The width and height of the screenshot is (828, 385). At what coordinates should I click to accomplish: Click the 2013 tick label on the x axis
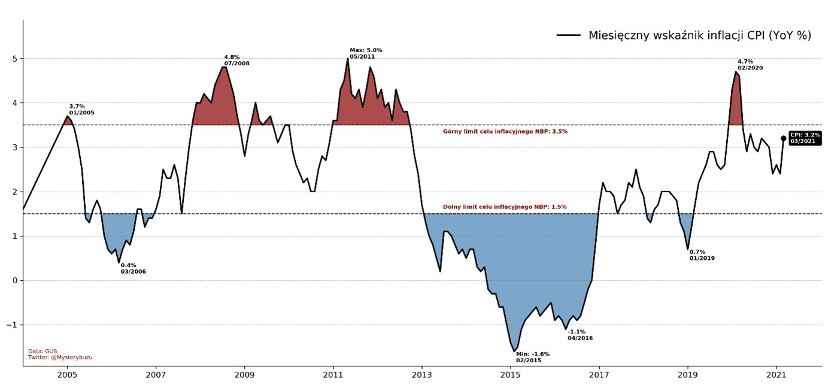pyautogui.click(x=422, y=375)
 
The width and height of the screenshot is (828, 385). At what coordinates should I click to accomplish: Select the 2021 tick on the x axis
pyautogui.click(x=777, y=375)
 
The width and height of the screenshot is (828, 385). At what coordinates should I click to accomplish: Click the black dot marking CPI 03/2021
pyautogui.click(x=783, y=138)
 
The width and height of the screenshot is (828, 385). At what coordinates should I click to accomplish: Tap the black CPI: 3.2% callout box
pyautogui.click(x=805, y=138)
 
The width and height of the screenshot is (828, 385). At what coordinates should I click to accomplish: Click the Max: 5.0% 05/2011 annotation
pyautogui.click(x=366, y=53)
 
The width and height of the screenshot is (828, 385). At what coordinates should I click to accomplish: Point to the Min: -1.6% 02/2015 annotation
pyautogui.click(x=532, y=357)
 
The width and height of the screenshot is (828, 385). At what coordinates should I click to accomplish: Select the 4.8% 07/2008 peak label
pyautogui.click(x=236, y=60)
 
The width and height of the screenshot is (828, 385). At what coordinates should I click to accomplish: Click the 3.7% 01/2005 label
pyautogui.click(x=81, y=110)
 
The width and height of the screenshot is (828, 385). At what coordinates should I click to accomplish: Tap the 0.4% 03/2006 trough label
pyautogui.click(x=133, y=268)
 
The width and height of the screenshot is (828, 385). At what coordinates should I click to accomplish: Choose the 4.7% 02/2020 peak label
pyautogui.click(x=750, y=65)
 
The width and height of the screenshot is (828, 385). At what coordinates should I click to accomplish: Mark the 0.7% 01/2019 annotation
pyautogui.click(x=702, y=255)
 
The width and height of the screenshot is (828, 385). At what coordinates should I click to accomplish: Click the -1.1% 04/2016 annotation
pyautogui.click(x=580, y=335)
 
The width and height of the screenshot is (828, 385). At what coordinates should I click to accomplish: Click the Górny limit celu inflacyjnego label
pyautogui.click(x=505, y=131)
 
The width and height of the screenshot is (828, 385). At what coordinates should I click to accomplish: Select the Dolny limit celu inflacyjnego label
pyautogui.click(x=505, y=207)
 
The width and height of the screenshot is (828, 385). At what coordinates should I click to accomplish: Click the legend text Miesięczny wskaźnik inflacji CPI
pyautogui.click(x=699, y=35)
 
